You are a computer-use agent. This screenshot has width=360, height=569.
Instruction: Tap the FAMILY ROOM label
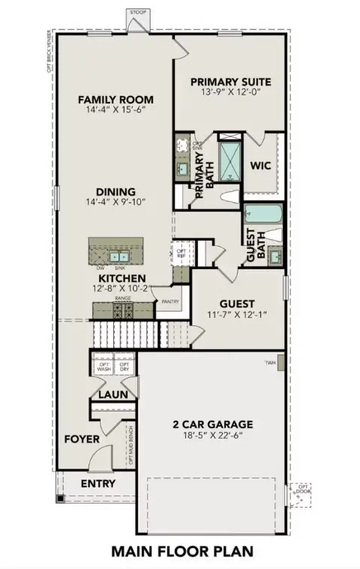click(115, 99)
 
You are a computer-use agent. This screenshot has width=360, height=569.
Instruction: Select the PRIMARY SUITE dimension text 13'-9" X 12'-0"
click(229, 94)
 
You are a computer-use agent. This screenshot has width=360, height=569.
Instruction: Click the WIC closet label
click(260, 165)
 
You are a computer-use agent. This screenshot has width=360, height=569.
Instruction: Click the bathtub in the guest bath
click(262, 214)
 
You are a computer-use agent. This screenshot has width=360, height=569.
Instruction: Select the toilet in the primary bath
click(230, 198)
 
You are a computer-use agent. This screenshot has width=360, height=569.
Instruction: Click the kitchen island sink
click(118, 257)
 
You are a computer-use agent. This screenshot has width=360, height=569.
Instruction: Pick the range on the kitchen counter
click(122, 309)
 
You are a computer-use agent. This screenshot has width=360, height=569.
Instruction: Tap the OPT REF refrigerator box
click(180, 253)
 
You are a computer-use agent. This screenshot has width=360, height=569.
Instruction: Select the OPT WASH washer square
click(103, 367)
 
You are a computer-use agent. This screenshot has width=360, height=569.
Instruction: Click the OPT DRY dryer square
click(124, 367)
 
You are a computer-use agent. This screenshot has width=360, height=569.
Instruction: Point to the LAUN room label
click(112, 394)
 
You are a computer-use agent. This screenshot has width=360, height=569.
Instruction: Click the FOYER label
click(82, 439)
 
